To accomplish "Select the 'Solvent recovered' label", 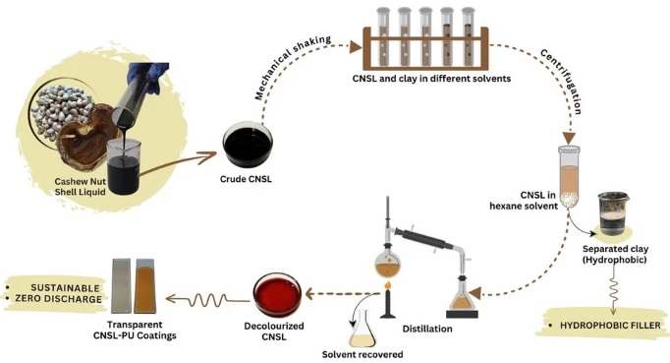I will tap(358, 353).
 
